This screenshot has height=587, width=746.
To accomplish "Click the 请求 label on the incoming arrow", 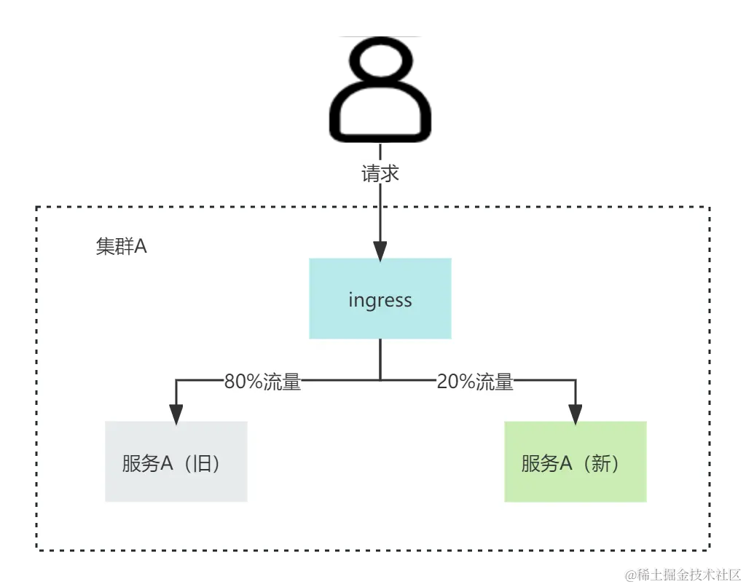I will (381, 174).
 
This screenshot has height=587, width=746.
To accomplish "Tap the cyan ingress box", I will (380, 299).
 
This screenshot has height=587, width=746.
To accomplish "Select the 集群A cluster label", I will (121, 246).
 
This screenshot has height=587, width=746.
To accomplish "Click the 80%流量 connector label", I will (262, 382).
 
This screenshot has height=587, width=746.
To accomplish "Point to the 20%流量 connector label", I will (475, 382).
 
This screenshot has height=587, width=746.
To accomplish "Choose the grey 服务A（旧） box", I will (176, 462).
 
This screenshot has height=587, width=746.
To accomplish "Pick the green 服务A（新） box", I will (576, 462).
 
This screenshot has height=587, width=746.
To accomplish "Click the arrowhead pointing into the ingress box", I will (380, 251).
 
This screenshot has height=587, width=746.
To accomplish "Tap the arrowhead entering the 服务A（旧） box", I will (176, 414).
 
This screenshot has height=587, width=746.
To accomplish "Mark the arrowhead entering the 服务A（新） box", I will (576, 414).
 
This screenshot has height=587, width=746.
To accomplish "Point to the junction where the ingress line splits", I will (380, 379).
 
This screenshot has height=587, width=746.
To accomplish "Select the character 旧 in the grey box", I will (203, 463).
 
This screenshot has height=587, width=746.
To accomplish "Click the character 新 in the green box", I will (601, 463).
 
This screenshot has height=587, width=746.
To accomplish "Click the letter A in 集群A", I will (140, 246).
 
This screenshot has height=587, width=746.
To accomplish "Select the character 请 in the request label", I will (372, 174).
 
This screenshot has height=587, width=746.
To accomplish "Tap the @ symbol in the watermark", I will (629, 574).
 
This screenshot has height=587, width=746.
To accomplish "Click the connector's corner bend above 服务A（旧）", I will (176, 379).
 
